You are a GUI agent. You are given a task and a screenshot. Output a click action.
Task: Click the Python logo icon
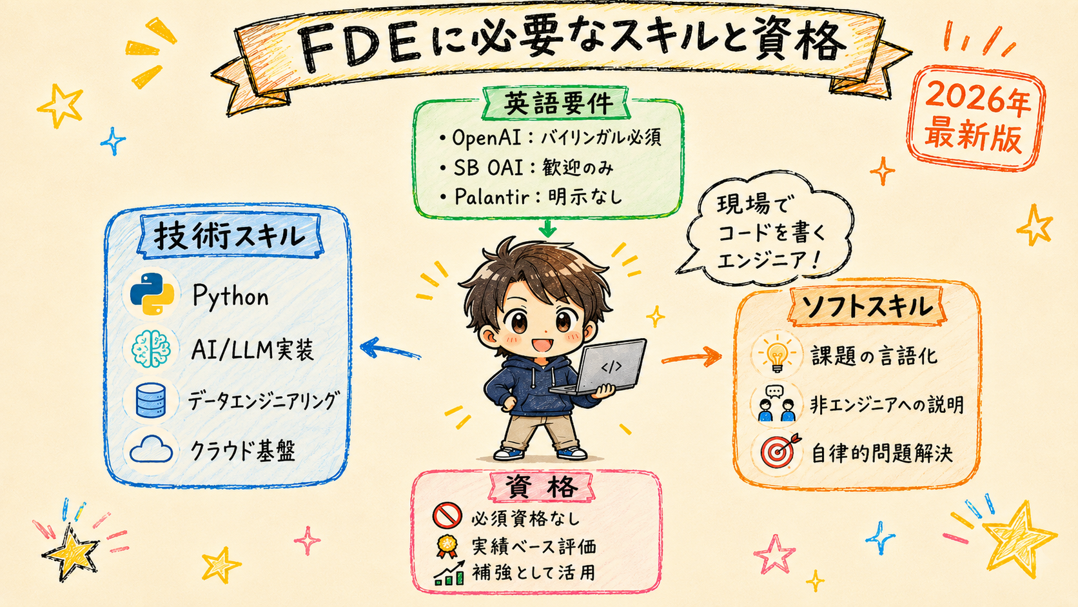tap(152, 294)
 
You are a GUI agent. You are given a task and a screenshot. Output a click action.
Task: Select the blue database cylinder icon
tap(151, 400)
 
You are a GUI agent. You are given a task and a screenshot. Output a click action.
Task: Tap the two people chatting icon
tap(776, 403)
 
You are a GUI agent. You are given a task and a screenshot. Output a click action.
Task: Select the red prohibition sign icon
tap(447, 516)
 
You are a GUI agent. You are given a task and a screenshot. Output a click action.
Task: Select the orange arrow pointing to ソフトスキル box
tap(692, 357)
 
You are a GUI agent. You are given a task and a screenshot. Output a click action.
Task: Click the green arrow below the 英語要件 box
tap(547, 228)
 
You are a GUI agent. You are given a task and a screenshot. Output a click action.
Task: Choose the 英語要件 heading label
tap(558, 103)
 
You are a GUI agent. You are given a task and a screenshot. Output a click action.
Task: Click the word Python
tap(231, 297)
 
